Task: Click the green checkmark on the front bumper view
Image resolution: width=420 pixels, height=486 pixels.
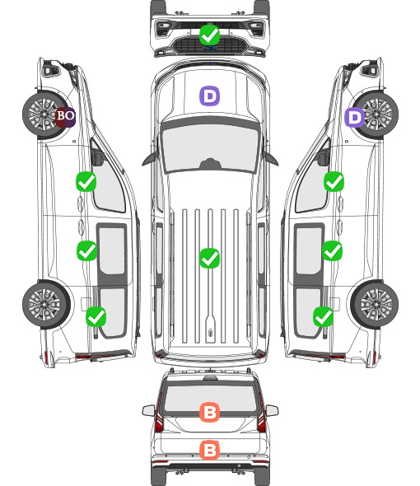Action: (x=210, y=35)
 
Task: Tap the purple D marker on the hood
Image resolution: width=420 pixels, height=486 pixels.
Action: (x=209, y=96)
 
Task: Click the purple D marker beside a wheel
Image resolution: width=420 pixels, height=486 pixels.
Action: (x=355, y=117)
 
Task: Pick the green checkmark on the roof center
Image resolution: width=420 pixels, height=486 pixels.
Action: (x=210, y=258)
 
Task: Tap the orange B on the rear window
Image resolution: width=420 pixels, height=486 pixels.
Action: (x=210, y=412)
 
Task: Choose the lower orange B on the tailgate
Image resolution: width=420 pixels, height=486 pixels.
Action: (x=210, y=450)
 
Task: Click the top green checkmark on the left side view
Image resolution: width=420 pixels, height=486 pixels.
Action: (x=86, y=181)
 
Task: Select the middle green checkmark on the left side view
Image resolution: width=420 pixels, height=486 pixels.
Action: (x=86, y=250)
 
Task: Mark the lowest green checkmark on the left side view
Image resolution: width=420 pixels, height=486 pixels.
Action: (x=96, y=316)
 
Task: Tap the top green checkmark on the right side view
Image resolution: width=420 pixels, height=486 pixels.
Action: (x=334, y=181)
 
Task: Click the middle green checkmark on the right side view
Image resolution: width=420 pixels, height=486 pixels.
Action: (x=333, y=250)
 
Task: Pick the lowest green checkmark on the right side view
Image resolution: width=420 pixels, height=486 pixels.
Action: (x=324, y=316)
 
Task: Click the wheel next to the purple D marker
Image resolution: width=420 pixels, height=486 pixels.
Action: (x=376, y=114)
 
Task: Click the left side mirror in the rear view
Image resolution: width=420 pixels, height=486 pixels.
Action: (x=148, y=410)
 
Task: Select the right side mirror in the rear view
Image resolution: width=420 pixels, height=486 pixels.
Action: (x=272, y=410)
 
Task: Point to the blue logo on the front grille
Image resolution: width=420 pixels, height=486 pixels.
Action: (x=210, y=48)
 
